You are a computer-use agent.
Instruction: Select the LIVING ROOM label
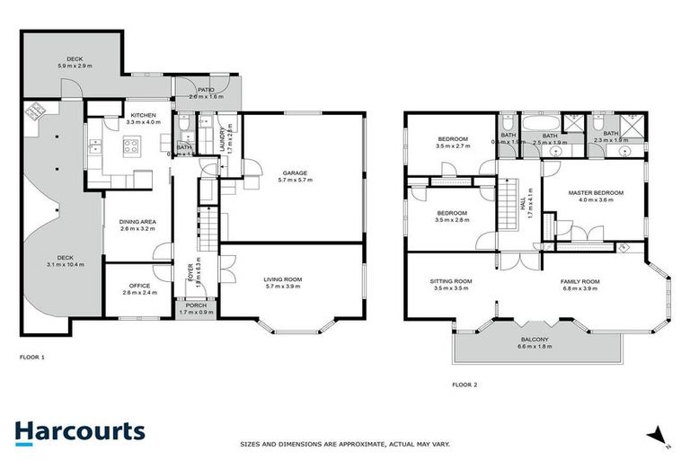(283, 279)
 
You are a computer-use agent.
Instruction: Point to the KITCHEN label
(143, 116)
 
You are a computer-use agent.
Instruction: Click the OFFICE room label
(138, 286)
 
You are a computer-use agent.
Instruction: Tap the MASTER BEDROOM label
(594, 193)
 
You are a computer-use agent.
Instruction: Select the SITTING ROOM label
(451, 281)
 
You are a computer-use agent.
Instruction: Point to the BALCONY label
(535, 340)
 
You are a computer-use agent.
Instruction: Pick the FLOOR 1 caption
(31, 357)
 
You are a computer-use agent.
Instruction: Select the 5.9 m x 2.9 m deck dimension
(74, 66)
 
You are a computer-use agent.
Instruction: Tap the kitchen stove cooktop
(128, 149)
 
